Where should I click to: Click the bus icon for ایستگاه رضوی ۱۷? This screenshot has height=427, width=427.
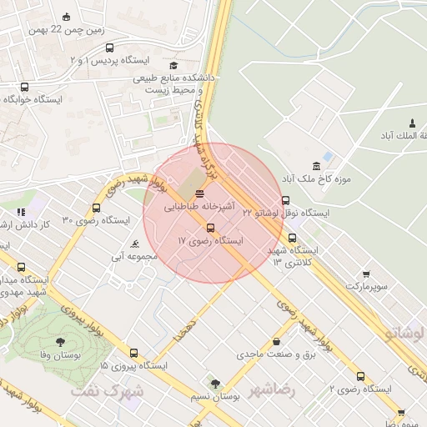pos(209,228)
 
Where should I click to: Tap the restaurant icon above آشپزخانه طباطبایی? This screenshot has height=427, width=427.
pos(198,193)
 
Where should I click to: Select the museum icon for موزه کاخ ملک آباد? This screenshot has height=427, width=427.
pos(315,165)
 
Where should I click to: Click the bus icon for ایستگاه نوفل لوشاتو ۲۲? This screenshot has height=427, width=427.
pos(286,200)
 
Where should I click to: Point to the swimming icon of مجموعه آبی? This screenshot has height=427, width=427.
pos(135,244)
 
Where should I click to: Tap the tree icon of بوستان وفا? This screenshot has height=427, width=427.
pos(60,342)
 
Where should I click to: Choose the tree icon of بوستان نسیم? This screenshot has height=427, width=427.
pos(215,384)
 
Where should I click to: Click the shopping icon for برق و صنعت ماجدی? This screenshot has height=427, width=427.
pos(276,342)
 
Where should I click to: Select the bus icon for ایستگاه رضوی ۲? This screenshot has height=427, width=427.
pos(360,376)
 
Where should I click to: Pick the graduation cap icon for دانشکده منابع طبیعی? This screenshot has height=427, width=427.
pos(173,66)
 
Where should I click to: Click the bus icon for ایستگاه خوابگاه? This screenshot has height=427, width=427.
pos(23,86)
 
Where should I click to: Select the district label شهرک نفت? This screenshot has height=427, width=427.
pos(107,390)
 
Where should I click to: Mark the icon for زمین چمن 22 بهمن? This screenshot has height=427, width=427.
pos(67,18)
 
